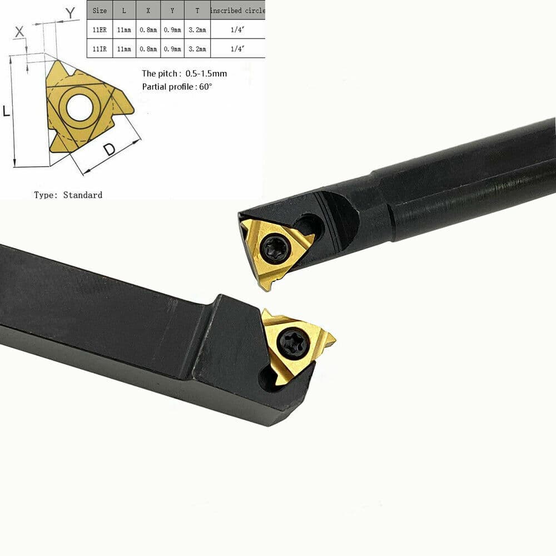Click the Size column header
point(100,11)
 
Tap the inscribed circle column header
point(237,11)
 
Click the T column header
point(197,11)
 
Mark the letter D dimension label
point(110,148)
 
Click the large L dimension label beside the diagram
point(7,111)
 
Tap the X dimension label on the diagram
point(19,31)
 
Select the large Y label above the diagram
point(70,12)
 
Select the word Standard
point(82,195)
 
